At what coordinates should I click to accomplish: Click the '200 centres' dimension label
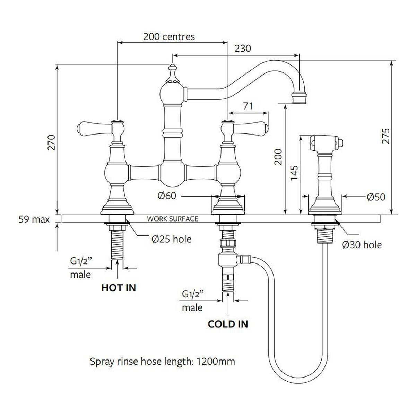coord(169,37)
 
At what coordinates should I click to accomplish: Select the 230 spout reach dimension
coord(243,49)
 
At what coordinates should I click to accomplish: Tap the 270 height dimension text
coord(51,142)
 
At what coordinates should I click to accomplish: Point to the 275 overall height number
coord(385,136)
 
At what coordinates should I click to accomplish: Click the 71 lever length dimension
coord(248,106)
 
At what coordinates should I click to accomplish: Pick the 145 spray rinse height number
coord(294,173)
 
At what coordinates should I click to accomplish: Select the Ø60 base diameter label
coord(167,196)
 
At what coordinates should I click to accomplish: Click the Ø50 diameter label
coord(376,197)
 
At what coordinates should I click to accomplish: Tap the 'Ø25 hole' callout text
coord(171,239)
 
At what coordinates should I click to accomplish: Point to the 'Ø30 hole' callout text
coord(362,245)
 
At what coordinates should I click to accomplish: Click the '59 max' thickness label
coord(34,219)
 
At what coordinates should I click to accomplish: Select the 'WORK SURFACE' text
coord(173,219)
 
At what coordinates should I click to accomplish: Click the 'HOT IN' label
coord(119,288)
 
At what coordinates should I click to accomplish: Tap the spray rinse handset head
coord(326,143)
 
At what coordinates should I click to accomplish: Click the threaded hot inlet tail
coord(117,245)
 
